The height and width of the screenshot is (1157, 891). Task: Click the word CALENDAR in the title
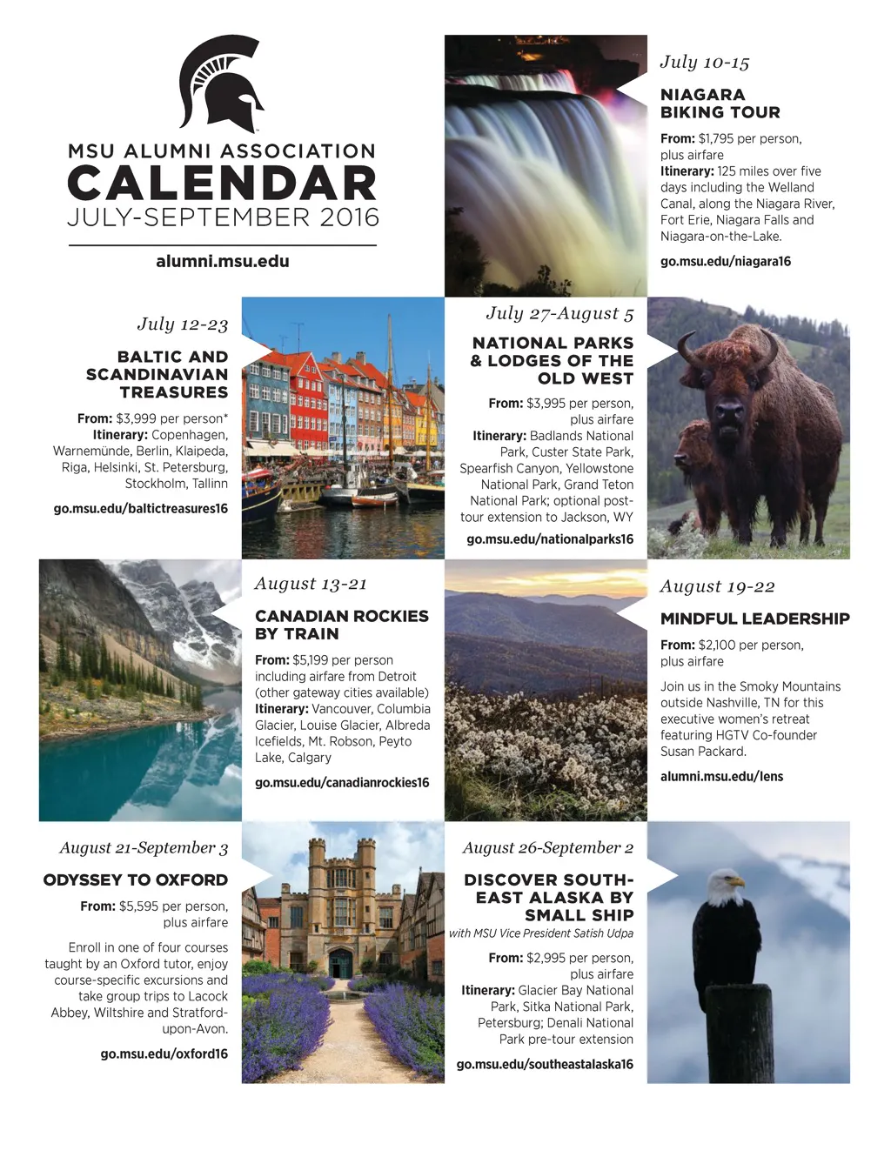pos(223,184)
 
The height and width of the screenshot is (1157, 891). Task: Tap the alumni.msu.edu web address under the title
pos(223,261)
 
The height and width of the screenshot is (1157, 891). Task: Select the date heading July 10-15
pos(704,63)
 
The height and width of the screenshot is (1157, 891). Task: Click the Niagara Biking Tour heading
pos(720,104)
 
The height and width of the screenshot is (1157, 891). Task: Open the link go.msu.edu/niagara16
pos(725,261)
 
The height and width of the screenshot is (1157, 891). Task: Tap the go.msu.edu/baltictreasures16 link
pos(140,509)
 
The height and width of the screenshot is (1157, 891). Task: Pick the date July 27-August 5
pos(559,313)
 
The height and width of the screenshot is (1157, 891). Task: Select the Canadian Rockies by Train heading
pos(341,625)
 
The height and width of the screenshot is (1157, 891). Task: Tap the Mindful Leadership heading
pos(754,619)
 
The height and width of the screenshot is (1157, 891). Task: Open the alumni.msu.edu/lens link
pos(721,776)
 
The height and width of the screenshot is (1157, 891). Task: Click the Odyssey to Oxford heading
pos(136,880)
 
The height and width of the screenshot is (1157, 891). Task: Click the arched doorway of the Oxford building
pos(340,962)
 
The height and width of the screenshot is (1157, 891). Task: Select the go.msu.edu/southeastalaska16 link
pos(545,1064)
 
